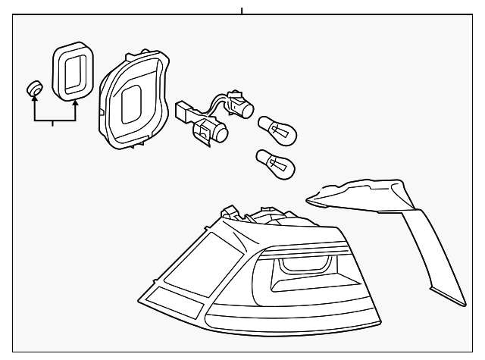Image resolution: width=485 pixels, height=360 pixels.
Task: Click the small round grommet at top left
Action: click(x=33, y=89)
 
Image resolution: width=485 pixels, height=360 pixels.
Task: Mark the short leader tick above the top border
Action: click(x=241, y=11)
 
